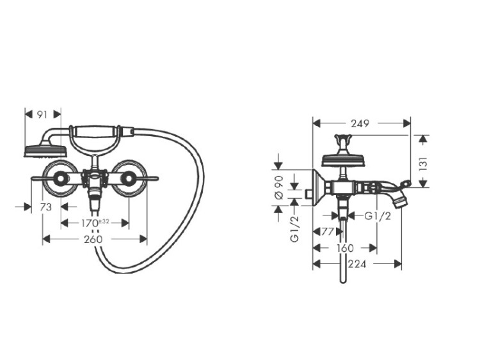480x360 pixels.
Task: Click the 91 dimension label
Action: pyautogui.click(x=42, y=114)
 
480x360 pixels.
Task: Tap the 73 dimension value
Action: pyautogui.click(x=46, y=207)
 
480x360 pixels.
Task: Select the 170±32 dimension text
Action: pyautogui.click(x=95, y=223)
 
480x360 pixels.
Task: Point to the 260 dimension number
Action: pyautogui.click(x=93, y=239)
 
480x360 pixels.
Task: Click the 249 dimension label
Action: pyautogui.click(x=360, y=123)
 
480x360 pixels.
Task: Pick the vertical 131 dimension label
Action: pyautogui.click(x=422, y=164)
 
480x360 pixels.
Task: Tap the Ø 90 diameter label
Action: pyautogui.click(x=279, y=187)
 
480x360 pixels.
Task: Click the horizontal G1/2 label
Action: pyautogui.click(x=378, y=216)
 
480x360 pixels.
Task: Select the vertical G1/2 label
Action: pyautogui.click(x=294, y=229)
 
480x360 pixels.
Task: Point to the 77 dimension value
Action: pyautogui.click(x=327, y=232)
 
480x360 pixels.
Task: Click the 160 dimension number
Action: pyautogui.click(x=346, y=248)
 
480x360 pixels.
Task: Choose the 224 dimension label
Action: pyautogui.click(x=357, y=263)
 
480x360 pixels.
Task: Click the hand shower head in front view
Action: pyautogui.click(x=45, y=152)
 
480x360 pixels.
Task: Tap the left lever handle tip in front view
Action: pyautogui.click(x=32, y=178)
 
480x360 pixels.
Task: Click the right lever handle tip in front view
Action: pyautogui.click(x=157, y=178)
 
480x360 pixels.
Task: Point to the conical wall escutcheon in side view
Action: pyautogui.click(x=318, y=187)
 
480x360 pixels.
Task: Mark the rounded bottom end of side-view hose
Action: pyautogui.click(x=343, y=281)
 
